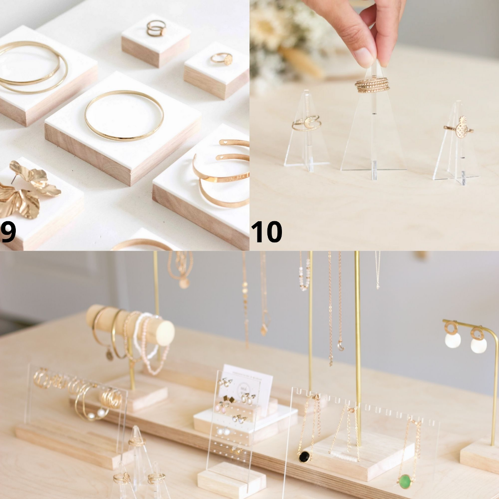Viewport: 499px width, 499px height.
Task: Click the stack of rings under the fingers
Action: click(373, 85)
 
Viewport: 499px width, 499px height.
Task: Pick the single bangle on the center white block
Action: click(124, 115)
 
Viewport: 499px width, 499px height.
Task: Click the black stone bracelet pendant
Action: click(304, 457)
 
